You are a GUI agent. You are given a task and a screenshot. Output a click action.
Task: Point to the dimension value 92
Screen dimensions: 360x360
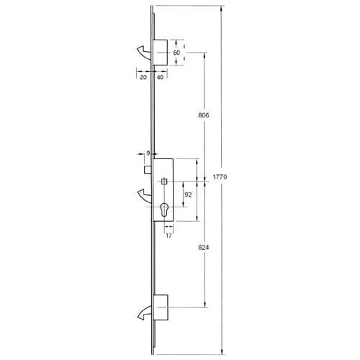click(x=188, y=194)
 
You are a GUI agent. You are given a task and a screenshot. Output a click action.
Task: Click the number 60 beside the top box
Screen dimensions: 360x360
click(x=176, y=53)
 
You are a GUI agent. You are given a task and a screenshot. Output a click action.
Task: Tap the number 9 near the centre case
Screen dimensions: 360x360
click(x=148, y=153)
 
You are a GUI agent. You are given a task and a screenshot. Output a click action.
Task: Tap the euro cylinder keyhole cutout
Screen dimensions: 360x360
click(x=165, y=211)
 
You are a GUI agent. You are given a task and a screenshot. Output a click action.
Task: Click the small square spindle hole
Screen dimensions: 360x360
click(x=165, y=181)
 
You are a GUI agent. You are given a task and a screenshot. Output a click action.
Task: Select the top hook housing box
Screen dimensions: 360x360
click(x=160, y=53)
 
